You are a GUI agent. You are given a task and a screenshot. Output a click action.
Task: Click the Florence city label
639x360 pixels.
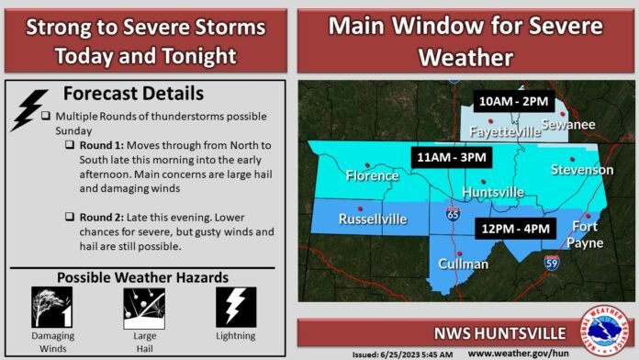coord(371,174)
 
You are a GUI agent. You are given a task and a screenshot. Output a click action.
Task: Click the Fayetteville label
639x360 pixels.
coord(505,132)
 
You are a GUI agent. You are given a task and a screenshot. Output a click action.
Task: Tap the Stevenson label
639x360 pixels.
coord(582,170)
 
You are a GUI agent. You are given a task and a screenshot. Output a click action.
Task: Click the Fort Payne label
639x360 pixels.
coord(587,233)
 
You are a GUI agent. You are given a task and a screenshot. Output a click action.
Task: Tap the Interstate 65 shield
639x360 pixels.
coord(453,214)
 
